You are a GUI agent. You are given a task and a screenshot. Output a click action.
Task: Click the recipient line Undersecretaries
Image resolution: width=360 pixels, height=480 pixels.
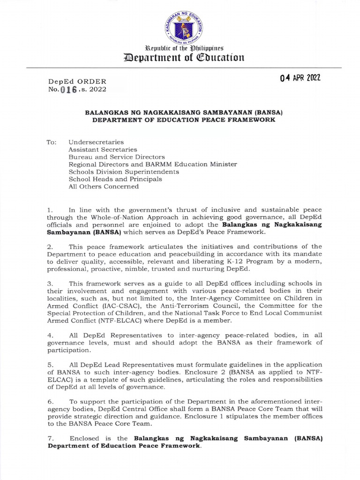coord(96,141)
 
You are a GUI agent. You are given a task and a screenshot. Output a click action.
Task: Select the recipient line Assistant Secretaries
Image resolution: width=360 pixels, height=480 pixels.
coord(100,149)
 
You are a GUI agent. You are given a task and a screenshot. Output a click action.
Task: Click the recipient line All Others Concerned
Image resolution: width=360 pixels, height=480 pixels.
coord(104,186)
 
